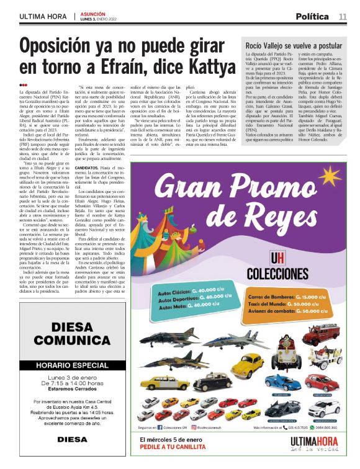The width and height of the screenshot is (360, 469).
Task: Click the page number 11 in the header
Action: coord(343,16)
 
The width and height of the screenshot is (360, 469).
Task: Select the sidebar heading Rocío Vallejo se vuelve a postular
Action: coord(294,47)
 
